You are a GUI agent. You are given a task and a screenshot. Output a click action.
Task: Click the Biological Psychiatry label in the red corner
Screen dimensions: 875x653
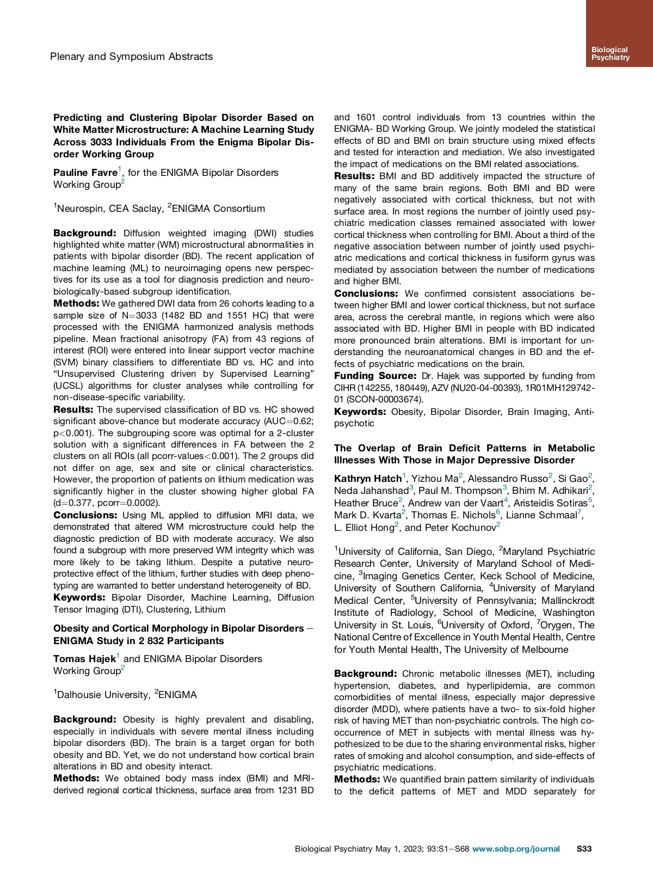[610, 53]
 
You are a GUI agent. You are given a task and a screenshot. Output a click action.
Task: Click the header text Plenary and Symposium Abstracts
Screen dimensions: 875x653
[131, 57]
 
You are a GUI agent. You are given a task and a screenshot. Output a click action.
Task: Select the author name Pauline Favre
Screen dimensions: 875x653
[85, 173]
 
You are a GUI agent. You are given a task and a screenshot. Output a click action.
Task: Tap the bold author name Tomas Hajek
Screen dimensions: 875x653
[84, 659]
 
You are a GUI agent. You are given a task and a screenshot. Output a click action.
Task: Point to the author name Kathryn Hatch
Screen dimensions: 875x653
[368, 479]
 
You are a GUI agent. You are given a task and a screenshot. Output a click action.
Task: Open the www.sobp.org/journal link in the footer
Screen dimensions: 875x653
[516, 849]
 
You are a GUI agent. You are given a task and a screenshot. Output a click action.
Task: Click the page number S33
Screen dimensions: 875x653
[584, 849]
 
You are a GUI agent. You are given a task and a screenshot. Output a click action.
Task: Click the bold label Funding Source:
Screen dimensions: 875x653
[375, 376]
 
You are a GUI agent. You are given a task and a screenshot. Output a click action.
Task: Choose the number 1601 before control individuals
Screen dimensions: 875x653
[366, 118]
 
